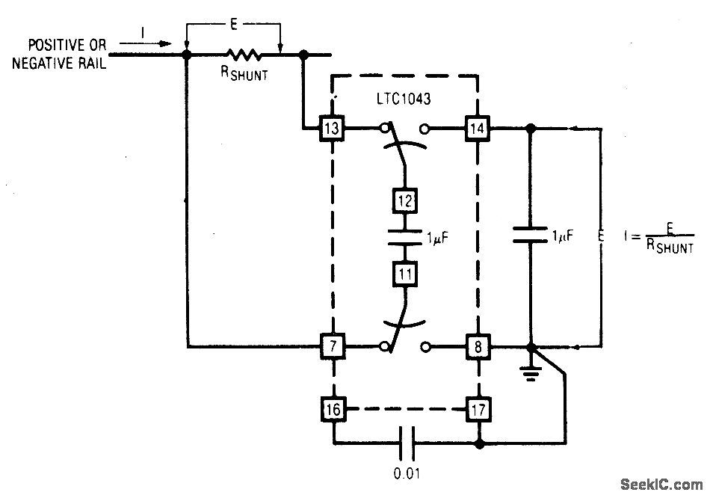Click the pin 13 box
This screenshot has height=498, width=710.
[332, 128]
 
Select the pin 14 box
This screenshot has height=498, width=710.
[477, 128]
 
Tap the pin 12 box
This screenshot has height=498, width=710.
[404, 201]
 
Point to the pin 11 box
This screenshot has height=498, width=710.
[404, 274]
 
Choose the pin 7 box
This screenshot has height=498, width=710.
[332, 347]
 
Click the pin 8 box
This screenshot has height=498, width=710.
[477, 347]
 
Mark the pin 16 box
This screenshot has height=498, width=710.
[332, 408]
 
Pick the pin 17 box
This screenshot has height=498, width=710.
[477, 408]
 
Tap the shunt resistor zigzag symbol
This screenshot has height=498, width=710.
[244, 54]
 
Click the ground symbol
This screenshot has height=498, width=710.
[531, 372]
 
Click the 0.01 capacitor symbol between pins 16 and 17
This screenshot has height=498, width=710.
[408, 443]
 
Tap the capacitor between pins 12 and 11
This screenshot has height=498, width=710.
[404, 237]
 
